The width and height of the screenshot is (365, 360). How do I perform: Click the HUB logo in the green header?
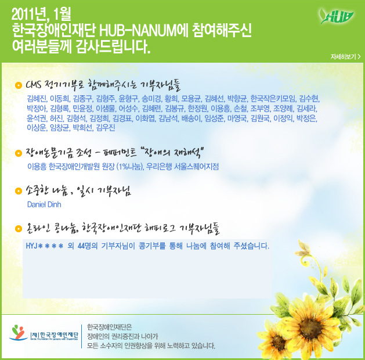coord(337,16)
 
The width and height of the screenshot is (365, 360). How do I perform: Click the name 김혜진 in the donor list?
coord(37,99)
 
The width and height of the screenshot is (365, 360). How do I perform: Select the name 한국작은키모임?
coord(273,99)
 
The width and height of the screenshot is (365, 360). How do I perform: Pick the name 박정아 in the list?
coord(37,109)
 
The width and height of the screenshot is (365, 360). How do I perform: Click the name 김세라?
coord(306,109)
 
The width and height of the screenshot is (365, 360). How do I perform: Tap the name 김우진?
coord(106,128)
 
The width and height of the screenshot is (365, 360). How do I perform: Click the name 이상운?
coord(37,128)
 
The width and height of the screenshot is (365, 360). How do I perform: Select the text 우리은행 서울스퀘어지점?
coord(182,167)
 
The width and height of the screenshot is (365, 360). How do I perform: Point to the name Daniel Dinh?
coord(44,204)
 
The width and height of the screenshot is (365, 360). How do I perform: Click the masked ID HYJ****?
coord(45,246)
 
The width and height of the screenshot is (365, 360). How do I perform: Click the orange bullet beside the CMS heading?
coord(18,85)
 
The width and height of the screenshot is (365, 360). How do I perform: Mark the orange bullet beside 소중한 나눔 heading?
coord(18,191)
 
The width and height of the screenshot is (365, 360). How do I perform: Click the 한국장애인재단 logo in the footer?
coord(44,333)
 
